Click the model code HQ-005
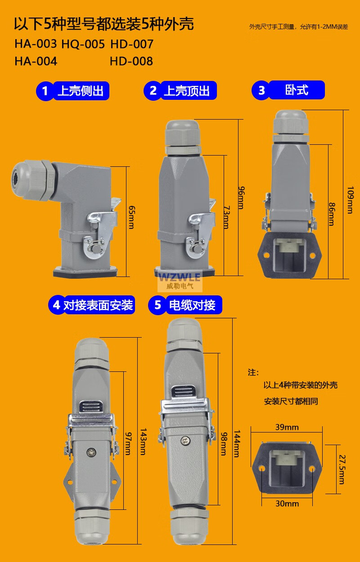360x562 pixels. click(83, 44)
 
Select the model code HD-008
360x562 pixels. click(131, 61)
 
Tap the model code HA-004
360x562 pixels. click(36, 61)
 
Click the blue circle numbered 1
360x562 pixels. click(45, 91)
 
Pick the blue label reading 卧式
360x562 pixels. click(297, 90)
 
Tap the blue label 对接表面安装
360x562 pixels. click(98, 305)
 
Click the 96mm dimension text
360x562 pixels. click(241, 198)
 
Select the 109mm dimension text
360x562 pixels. click(351, 200)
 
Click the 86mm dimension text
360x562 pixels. click(332, 214)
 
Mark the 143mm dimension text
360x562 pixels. click(143, 442)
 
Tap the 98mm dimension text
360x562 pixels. click(224, 444)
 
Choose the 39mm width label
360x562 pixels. click(287, 427)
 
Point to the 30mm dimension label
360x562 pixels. click(287, 504)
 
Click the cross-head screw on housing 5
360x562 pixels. click(186, 441)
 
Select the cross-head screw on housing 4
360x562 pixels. click(91, 452)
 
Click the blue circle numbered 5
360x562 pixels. click(157, 305)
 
